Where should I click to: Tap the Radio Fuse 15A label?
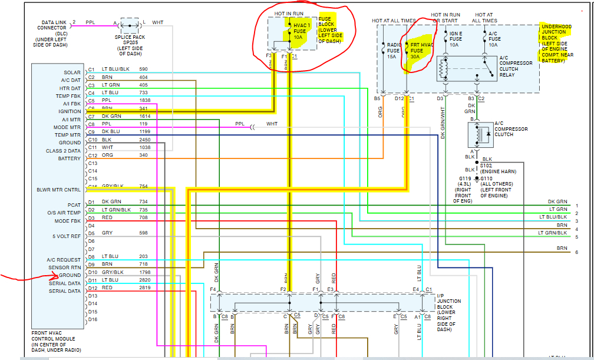393,51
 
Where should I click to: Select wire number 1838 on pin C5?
144,101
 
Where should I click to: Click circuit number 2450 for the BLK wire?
144,140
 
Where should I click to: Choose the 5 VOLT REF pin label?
67,236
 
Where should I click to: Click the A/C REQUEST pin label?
64,260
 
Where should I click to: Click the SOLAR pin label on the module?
72,72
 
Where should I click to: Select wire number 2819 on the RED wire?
144,288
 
